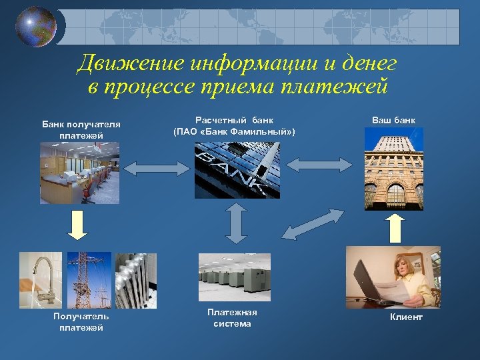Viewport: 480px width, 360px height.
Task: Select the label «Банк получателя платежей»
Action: click(x=81, y=129)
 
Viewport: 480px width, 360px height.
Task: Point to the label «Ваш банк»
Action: click(x=393, y=120)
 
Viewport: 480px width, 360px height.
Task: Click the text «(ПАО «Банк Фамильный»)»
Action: click(x=234, y=132)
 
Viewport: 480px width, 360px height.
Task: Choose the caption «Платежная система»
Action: click(x=232, y=318)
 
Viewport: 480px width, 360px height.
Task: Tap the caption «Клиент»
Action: click(x=406, y=317)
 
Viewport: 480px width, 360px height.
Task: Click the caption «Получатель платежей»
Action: click(x=81, y=321)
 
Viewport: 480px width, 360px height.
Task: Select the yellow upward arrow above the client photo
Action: click(x=394, y=228)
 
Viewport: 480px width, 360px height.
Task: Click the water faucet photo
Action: click(x=41, y=280)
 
